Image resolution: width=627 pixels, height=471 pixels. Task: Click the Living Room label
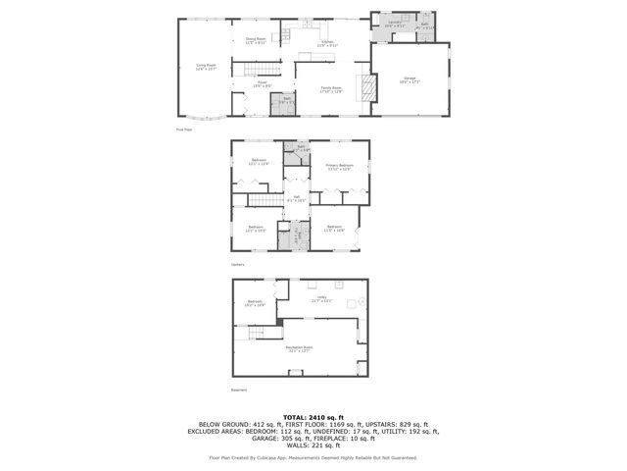[205, 67]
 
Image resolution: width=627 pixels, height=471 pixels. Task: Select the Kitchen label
[328, 43]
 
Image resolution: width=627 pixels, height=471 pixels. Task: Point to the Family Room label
[331, 88]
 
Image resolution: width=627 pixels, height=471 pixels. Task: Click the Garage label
[409, 81]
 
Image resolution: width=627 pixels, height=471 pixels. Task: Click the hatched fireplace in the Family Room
[367, 89]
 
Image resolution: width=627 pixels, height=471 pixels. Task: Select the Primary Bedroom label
[339, 167]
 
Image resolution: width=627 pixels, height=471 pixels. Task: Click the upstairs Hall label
[296, 199]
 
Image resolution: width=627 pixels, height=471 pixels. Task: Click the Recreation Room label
[299, 348]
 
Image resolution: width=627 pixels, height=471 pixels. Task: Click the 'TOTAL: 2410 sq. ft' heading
[313, 417]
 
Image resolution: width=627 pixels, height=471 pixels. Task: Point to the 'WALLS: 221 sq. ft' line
[313, 445]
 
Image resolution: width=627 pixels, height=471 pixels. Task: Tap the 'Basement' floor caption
[239, 389]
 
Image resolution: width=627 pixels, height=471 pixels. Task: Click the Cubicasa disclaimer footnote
[313, 457]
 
